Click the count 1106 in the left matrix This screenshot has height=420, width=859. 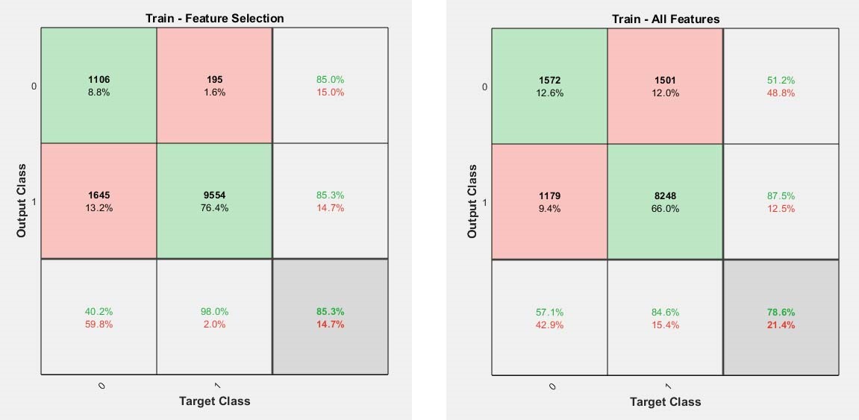pos(99,80)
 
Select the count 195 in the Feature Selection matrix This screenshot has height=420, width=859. pos(214,80)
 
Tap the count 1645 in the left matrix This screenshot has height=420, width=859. pos(99,195)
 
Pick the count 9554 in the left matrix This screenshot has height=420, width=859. pos(214,195)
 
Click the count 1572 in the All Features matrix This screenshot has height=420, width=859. pos(549,81)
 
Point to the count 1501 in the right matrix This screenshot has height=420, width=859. pos(665,81)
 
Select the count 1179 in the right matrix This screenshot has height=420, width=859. pos(549,196)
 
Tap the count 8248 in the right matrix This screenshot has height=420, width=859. pos(665,196)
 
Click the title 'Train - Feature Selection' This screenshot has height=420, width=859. pos(215,18)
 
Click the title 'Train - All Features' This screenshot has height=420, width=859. pos(666,19)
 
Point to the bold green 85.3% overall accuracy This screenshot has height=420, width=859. pos(330,312)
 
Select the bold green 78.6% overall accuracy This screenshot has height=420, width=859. pos(781,312)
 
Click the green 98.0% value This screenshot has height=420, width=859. pos(214,312)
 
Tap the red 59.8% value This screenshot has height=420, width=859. pos(99,325)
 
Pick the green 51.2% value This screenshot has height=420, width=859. pos(781,81)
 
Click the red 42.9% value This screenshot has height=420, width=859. pos(549,325)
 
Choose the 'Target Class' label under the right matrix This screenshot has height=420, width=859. pos(665,402)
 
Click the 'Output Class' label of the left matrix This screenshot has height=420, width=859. pos(22,201)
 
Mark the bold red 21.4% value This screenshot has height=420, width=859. pos(781,325)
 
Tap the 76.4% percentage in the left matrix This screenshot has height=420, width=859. pos(214,208)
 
